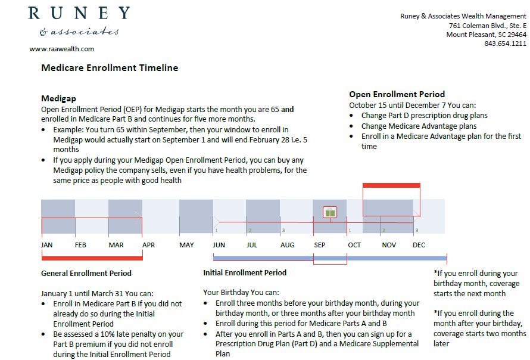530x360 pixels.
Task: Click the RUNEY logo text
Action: point(79,13)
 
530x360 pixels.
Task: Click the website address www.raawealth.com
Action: point(61,49)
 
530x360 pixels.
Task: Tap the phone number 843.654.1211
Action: point(505,44)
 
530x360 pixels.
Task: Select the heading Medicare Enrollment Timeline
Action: point(110,68)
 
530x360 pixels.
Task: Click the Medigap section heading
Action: point(58,98)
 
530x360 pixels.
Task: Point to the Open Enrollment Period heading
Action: point(397,94)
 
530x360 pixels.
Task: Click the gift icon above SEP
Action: point(330,212)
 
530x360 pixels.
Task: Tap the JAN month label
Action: point(47,245)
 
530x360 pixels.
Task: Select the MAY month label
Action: point(186,245)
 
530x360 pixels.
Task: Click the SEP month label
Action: point(320,245)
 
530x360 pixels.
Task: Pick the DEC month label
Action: point(419,245)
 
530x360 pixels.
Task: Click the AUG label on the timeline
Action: point(287,245)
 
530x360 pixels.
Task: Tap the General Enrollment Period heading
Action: point(86,273)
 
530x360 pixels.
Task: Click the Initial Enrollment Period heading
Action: point(245,272)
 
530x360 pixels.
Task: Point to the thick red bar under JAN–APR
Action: point(92,258)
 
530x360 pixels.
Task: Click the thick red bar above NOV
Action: point(391,185)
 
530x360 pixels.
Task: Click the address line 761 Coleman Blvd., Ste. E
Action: point(488,26)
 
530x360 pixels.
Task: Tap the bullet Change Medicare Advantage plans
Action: point(419,126)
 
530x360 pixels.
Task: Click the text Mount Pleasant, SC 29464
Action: point(486,35)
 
